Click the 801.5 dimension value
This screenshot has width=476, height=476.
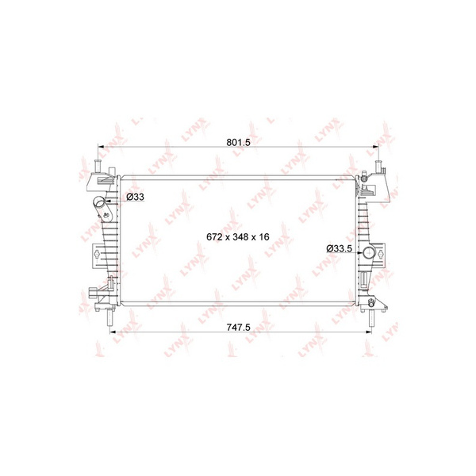(x=238, y=142)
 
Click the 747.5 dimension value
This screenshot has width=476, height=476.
(x=238, y=327)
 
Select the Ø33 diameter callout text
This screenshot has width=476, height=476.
(x=135, y=197)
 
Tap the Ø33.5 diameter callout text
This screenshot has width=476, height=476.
(x=339, y=248)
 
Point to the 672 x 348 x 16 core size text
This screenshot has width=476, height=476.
(x=238, y=236)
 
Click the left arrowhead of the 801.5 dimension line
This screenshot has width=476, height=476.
(x=100, y=147)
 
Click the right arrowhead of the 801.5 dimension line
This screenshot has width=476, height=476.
(x=376, y=147)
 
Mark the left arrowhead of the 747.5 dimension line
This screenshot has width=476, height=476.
(x=113, y=332)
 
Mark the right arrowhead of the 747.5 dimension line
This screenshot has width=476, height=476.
(x=369, y=332)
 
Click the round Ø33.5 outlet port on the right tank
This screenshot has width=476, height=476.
(x=369, y=252)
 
